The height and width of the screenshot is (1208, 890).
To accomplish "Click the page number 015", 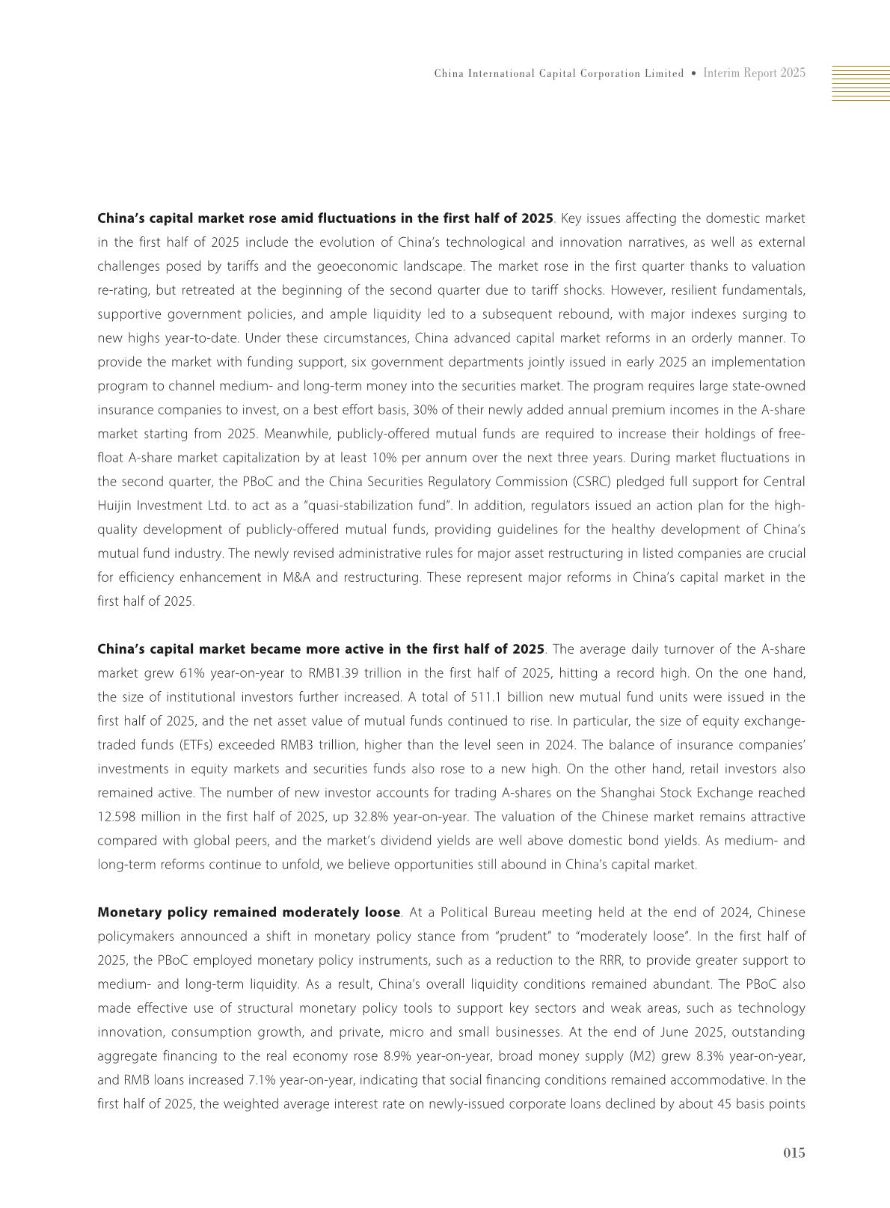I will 794,1153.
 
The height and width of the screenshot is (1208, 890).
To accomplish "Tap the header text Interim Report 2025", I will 754,73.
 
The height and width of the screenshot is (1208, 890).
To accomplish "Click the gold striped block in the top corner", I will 860,82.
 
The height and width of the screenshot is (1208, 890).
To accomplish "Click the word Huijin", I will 114,506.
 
